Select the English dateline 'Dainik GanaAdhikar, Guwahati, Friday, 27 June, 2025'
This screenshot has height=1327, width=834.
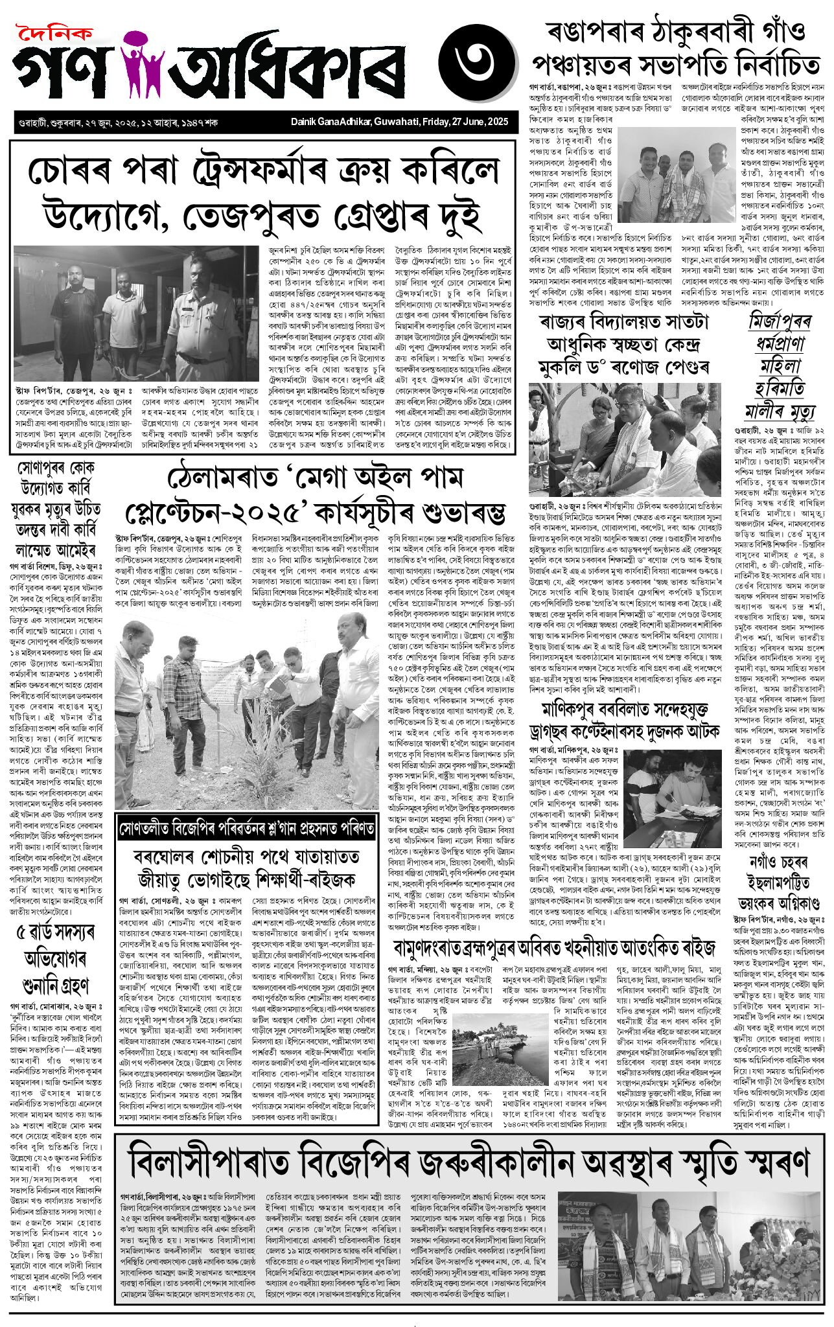tap(399, 121)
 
